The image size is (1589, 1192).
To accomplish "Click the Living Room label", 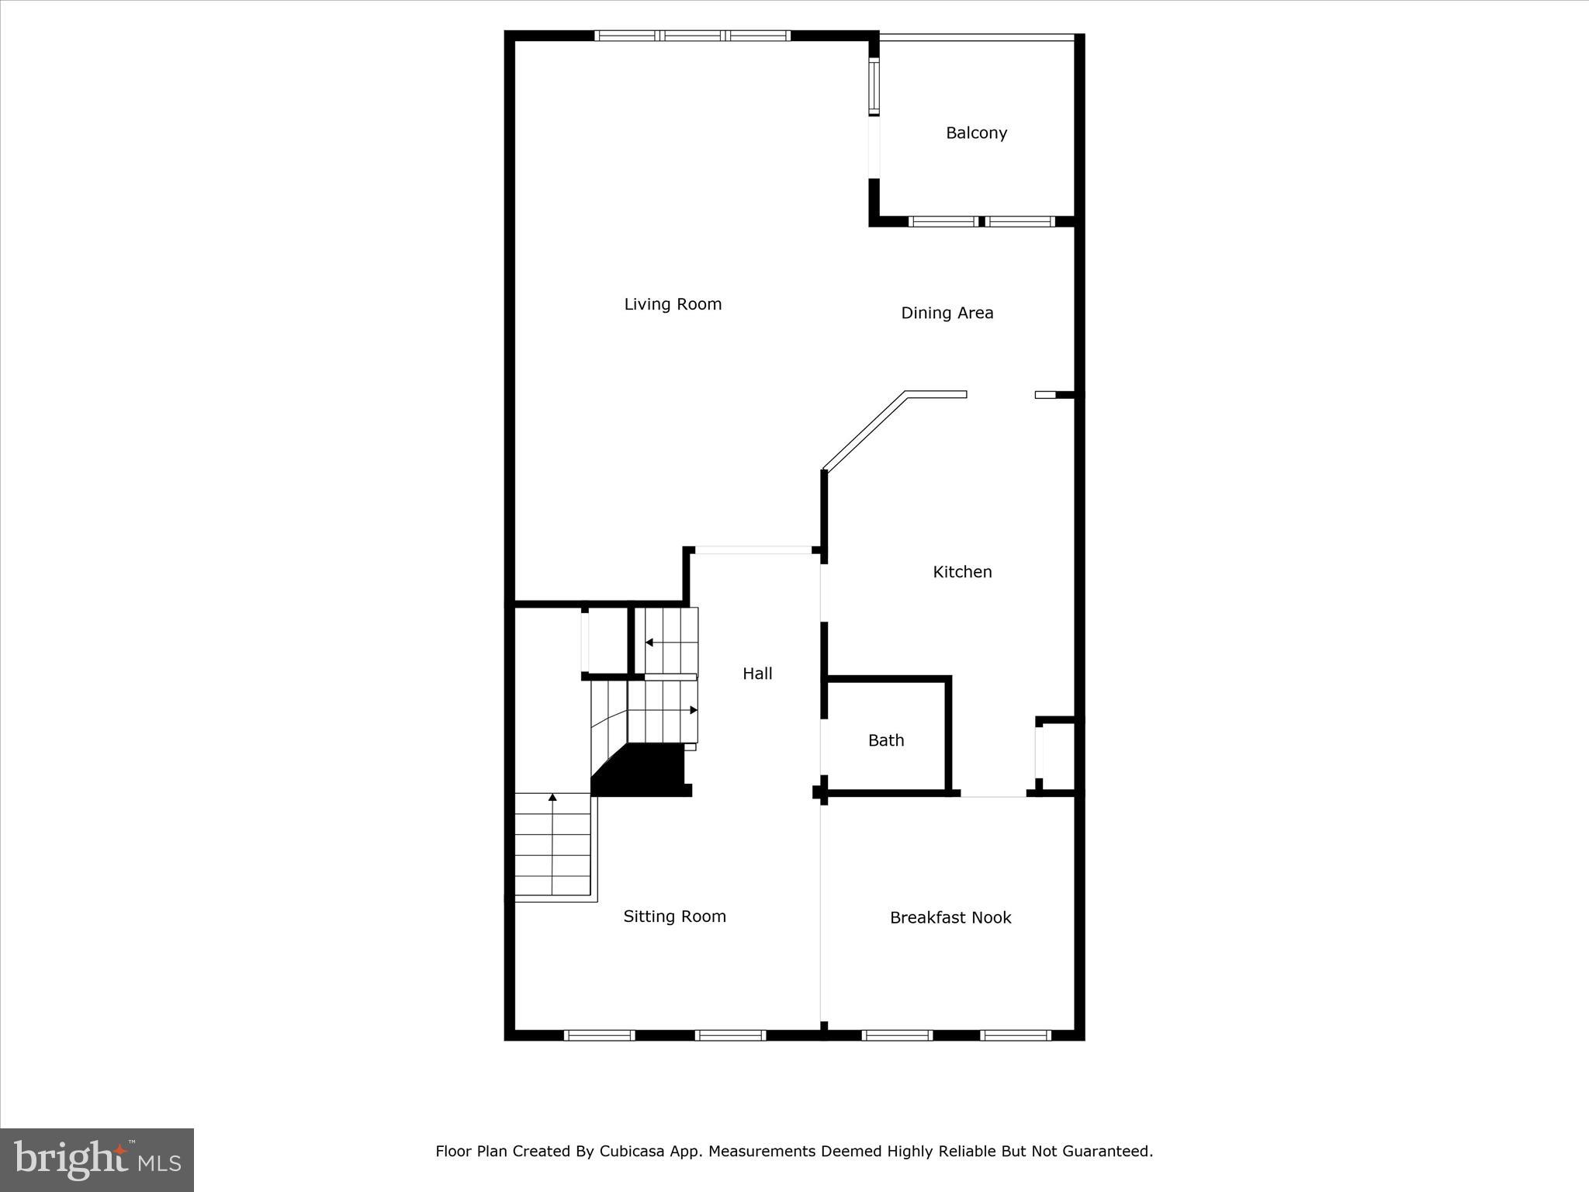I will tap(673, 304).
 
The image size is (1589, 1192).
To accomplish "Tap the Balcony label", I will tap(976, 133).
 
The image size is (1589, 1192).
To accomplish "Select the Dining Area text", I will tap(947, 313).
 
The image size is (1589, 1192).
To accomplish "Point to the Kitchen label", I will tap(962, 572).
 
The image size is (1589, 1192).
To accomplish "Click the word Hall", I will tap(757, 674).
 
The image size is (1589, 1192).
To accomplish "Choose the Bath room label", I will tap(886, 740).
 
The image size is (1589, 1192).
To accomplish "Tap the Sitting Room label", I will tap(674, 917).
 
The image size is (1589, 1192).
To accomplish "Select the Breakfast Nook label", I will tap(950, 917).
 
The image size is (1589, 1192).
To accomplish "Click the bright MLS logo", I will tap(97, 1159).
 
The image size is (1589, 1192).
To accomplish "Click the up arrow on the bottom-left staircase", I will tap(552, 798).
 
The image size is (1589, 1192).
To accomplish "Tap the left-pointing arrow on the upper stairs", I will tap(649, 643).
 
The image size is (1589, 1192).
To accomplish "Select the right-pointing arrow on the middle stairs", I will tap(693, 710).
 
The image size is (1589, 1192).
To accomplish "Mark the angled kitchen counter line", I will tap(864, 432).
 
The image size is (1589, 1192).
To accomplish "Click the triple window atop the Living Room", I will tap(692, 36).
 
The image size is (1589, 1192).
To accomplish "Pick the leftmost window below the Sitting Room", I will tap(599, 1035).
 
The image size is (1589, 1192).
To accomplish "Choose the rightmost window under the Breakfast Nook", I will tap(1016, 1035).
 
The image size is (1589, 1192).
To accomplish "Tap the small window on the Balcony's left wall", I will tap(874, 86).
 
